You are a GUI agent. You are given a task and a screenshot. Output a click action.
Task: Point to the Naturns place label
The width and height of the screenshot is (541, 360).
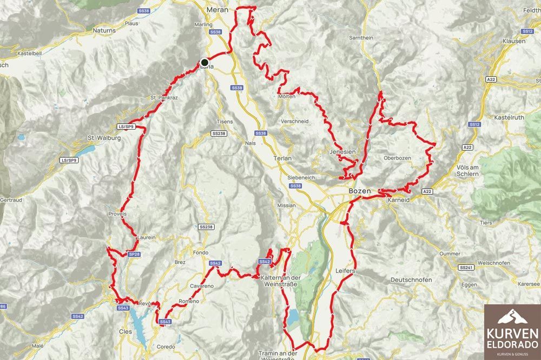(x=104, y=31)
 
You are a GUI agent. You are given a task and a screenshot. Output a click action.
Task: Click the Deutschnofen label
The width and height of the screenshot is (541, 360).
(x=411, y=279)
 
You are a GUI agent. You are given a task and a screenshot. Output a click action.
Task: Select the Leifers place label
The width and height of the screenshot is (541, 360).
(x=345, y=269)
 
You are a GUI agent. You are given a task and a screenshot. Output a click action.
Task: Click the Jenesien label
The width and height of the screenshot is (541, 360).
(x=343, y=152)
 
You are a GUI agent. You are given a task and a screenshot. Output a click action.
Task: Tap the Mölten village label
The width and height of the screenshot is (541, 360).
(x=287, y=96)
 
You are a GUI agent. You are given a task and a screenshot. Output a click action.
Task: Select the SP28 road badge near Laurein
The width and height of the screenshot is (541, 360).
(x=135, y=254)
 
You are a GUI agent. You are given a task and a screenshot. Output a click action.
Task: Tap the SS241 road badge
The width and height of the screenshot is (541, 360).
(x=465, y=268)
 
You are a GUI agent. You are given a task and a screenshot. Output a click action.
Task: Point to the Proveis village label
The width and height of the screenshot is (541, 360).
(x=117, y=214)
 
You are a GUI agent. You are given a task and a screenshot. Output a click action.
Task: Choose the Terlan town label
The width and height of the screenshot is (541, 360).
(x=283, y=158)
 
